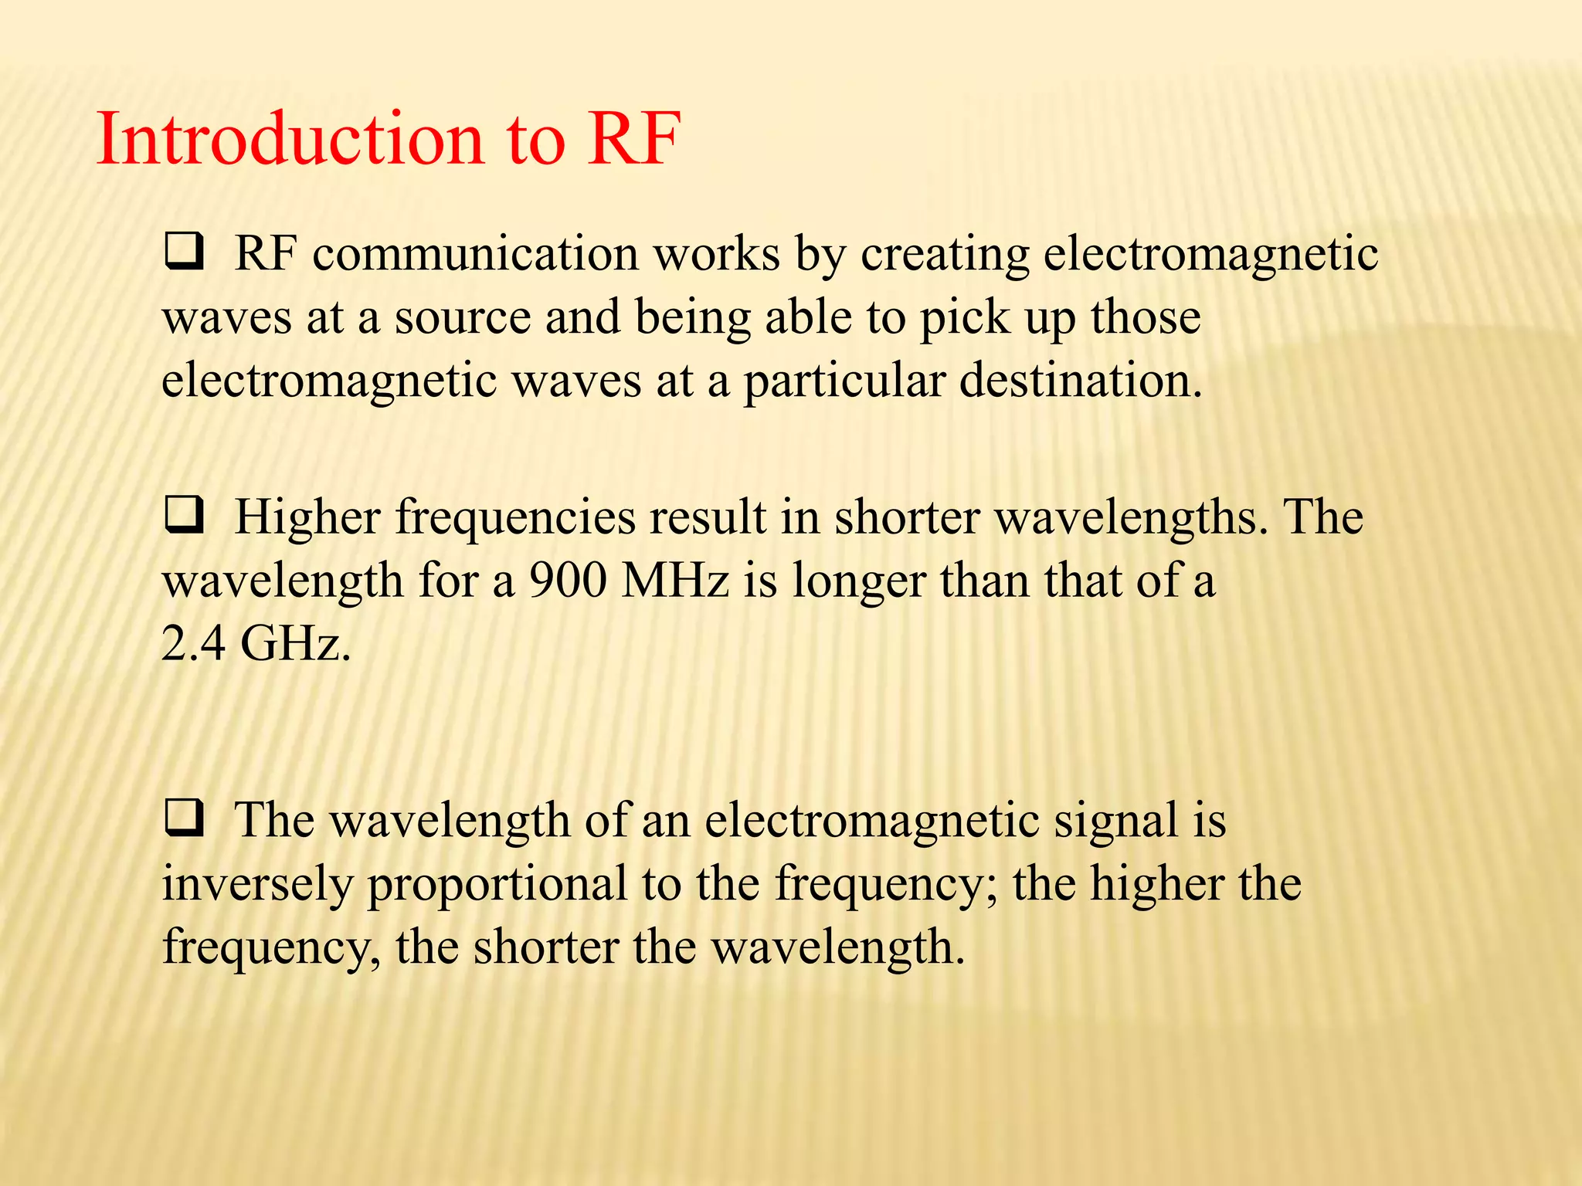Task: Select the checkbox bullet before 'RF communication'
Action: (184, 252)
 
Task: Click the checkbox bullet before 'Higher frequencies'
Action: (184, 516)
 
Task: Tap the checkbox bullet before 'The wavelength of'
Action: (184, 819)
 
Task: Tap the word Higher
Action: (307, 517)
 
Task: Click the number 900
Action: (568, 581)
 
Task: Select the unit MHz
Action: (675, 581)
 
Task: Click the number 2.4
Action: (192, 643)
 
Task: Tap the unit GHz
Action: (296, 643)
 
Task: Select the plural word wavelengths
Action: (1132, 517)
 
